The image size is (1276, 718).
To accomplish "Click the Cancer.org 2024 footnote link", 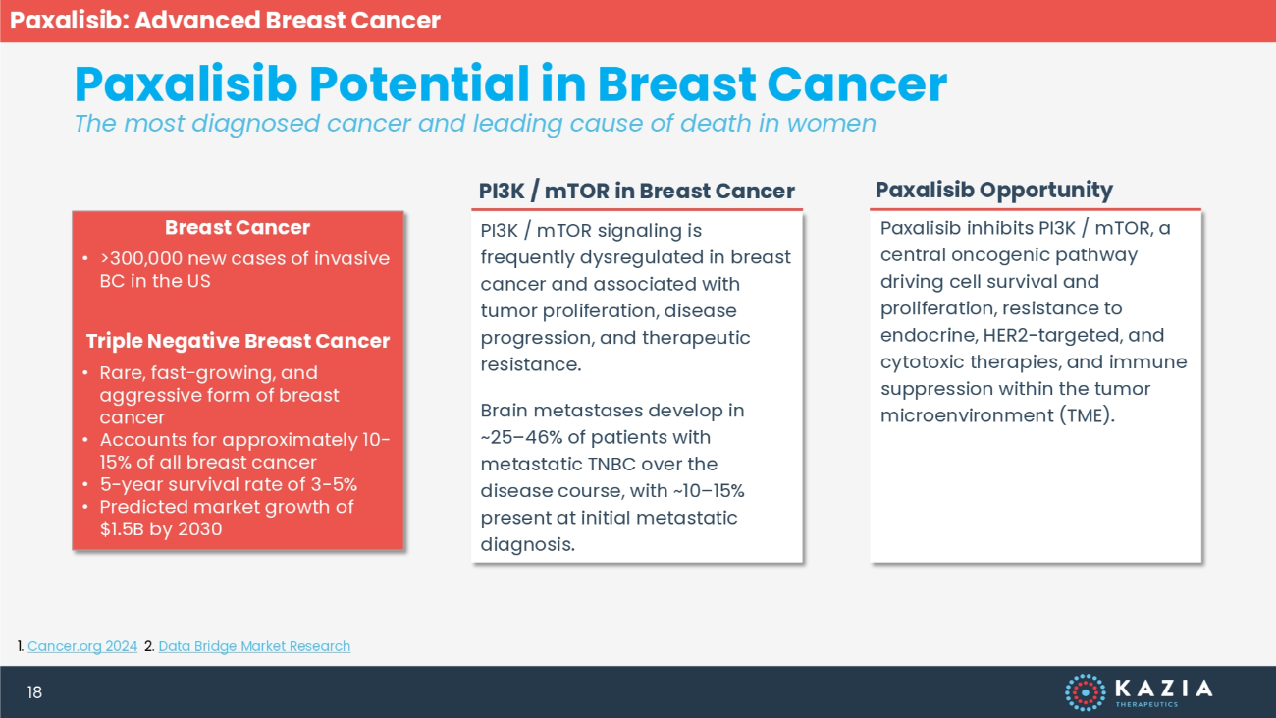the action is pos(82,646).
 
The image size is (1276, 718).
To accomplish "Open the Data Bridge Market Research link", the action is pos(254,646).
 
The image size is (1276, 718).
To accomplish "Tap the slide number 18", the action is pos(34,692).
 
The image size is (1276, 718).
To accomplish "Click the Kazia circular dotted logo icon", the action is pos(1086,692).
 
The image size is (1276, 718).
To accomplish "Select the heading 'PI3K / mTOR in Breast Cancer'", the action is pos(636,191).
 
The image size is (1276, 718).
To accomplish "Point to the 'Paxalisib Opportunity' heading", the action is pos(994,190).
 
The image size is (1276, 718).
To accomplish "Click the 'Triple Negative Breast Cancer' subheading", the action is pos(238,341).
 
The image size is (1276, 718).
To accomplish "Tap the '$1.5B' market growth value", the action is pos(122,529).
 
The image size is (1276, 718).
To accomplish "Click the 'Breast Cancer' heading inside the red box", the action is pos(238,227).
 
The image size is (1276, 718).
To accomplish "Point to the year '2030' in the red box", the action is pos(200,529).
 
